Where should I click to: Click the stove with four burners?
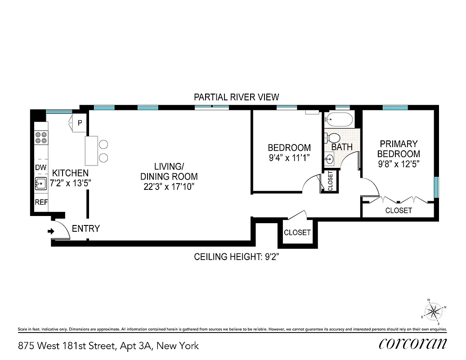click(x=41, y=137)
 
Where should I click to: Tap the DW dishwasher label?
click(x=40, y=167)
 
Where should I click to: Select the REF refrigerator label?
click(x=41, y=202)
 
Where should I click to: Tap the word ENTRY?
click(x=85, y=229)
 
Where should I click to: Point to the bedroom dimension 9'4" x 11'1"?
click(x=289, y=158)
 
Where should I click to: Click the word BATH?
click(x=342, y=147)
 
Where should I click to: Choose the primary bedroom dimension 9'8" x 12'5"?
click(x=399, y=164)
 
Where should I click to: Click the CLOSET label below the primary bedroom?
click(x=399, y=211)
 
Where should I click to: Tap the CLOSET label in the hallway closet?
click(x=297, y=233)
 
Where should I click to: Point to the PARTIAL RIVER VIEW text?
click(x=236, y=97)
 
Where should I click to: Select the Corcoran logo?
click(x=412, y=344)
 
